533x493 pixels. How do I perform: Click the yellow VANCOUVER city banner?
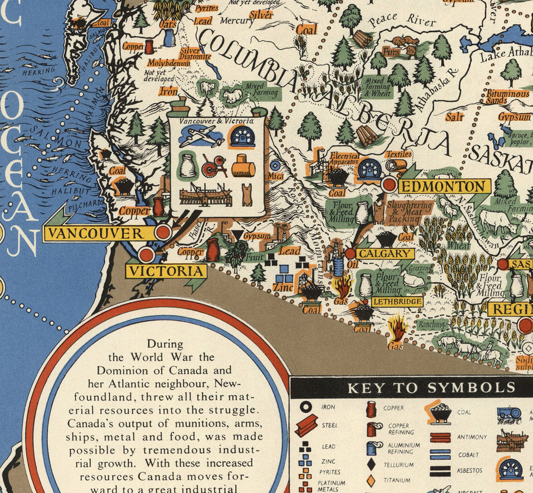(95, 233)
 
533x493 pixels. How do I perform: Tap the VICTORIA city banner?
(166, 271)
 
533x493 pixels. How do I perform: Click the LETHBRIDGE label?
(397, 302)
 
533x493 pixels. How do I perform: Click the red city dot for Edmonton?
(389, 184)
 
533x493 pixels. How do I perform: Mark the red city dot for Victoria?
(146, 255)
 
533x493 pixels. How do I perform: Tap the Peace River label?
(402, 21)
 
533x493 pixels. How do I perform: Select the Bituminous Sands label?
(508, 97)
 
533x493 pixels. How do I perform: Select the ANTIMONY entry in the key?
(472, 437)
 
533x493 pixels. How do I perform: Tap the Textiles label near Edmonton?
(399, 154)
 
